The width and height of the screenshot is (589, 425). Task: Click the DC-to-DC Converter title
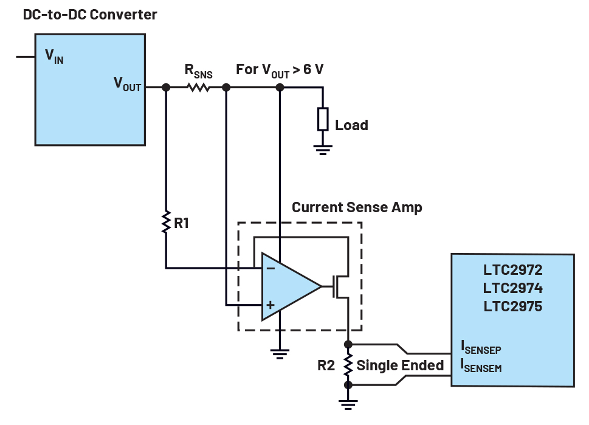[x=90, y=14]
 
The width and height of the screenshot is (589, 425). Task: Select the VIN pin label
[x=54, y=57]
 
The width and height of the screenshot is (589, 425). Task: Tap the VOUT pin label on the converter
[x=127, y=84]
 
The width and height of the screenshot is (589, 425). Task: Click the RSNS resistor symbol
[x=198, y=88]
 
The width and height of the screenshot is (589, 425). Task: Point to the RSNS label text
[x=198, y=72]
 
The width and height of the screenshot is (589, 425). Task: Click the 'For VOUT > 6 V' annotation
[x=280, y=69]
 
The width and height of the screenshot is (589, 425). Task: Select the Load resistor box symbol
[x=323, y=119]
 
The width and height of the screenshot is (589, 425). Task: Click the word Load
[x=351, y=125]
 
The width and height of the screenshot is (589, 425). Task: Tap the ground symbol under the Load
[x=323, y=148]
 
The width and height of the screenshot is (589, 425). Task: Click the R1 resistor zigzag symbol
[x=166, y=222]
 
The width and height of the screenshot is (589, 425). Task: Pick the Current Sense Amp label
[x=357, y=207]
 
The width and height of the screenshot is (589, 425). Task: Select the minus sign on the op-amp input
[x=270, y=268]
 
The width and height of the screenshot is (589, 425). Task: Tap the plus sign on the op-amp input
[x=270, y=304]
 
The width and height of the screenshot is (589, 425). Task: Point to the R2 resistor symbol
[x=348, y=365]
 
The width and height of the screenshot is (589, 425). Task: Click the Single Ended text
[x=400, y=365]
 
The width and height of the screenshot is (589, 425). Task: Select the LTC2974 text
[x=512, y=287]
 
